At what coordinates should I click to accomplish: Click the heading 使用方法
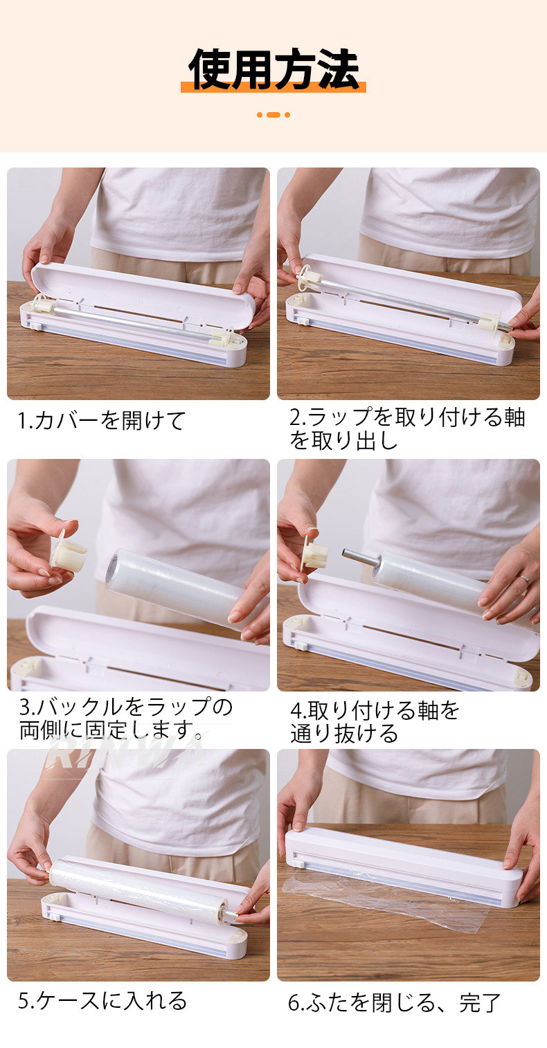(273, 69)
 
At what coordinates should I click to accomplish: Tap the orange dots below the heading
(273, 115)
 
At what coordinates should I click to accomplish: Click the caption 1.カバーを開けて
(102, 420)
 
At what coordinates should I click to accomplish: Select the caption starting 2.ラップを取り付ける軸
(406, 428)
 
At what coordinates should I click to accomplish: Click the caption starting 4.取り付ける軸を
(375, 722)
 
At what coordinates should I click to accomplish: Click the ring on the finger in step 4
(524, 579)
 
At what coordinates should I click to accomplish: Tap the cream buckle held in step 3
(69, 552)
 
